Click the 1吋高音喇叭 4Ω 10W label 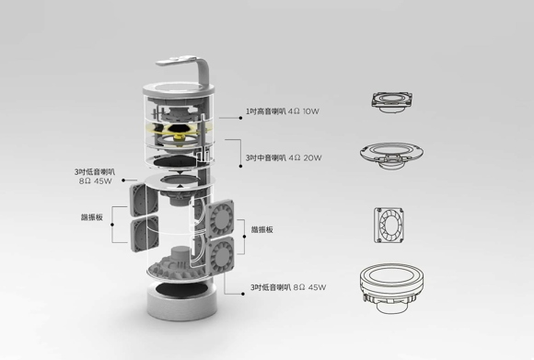click(283, 111)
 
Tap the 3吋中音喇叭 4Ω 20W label click(284, 157)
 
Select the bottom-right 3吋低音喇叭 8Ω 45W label click(288, 287)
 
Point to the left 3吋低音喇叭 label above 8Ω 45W click(95, 172)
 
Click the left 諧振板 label click(92, 217)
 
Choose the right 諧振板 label click(262, 229)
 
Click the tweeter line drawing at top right click(392, 102)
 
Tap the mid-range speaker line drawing click(392, 156)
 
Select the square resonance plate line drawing click(389, 226)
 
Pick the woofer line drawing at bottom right click(391, 288)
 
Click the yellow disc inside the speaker click(179, 130)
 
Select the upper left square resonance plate click(144, 200)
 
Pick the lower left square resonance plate click(145, 234)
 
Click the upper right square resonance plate click(220, 218)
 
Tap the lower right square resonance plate click(220, 255)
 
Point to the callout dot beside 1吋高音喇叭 click(241, 118)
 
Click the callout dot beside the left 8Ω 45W click(123, 180)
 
